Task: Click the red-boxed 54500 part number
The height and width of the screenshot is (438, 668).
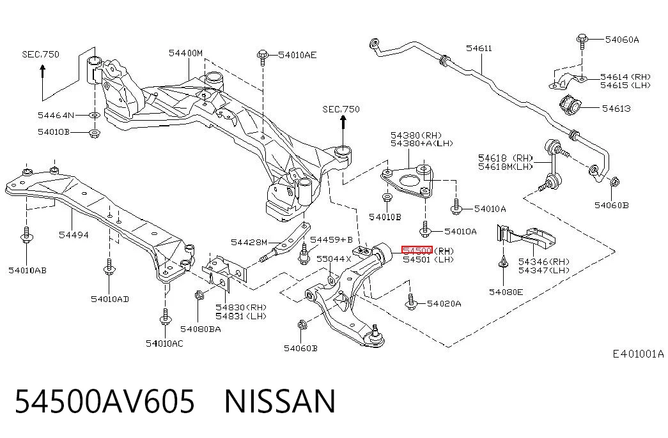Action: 417,250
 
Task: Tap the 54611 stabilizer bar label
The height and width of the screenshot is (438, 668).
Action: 479,48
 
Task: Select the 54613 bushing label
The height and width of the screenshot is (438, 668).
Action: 616,109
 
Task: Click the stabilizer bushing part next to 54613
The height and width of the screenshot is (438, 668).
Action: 570,105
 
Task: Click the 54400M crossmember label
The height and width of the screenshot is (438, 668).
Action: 185,53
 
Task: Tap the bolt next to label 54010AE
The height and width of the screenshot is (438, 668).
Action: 263,57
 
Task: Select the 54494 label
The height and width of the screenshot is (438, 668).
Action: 74,235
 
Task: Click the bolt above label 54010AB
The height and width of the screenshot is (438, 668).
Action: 26,236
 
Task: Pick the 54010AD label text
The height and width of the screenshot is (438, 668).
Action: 110,299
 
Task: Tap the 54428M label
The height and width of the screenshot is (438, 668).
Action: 249,242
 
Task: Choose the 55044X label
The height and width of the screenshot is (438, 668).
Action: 334,259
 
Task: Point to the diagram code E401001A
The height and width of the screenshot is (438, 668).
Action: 638,353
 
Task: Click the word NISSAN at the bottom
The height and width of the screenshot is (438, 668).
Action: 280,402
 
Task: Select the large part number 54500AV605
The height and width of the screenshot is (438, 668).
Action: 105,402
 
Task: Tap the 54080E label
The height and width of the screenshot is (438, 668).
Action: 506,292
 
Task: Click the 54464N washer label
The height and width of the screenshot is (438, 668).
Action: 56,115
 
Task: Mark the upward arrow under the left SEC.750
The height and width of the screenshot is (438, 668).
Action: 43,71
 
